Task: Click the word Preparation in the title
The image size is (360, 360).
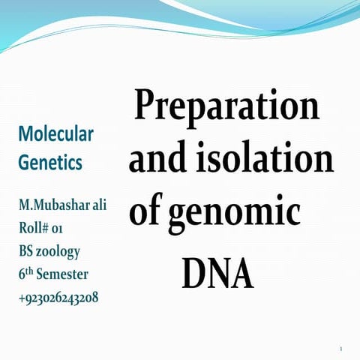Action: tap(227, 106)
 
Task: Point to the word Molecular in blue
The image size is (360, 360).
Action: tap(55, 135)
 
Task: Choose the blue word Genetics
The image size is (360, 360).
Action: tap(49, 161)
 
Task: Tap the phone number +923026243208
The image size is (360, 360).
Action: tap(58, 298)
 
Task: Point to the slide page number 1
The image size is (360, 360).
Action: tap(340, 349)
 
